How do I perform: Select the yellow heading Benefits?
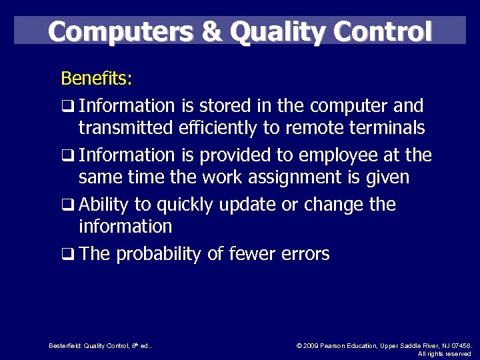coord(97,79)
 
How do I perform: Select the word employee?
coord(333,155)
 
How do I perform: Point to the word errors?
coord(303,254)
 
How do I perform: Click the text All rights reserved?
coord(444,354)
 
